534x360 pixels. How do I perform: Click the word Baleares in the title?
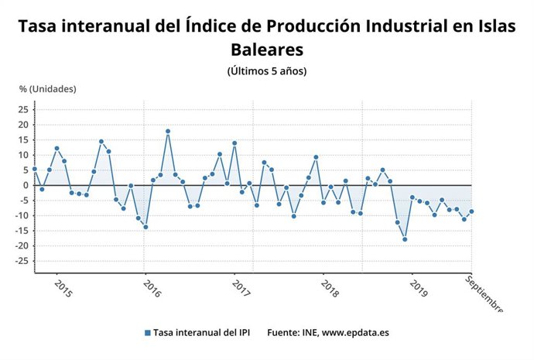coord(266,49)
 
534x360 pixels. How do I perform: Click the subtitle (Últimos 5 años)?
coord(267,71)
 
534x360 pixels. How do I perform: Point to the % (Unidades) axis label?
coord(48,88)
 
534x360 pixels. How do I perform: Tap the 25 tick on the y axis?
coord(22,109)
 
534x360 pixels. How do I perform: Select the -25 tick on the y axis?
coord(21,261)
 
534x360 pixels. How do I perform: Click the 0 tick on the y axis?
coord(25,185)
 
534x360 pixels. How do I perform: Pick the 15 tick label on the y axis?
coord(22,139)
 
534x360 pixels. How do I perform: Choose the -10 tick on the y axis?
coord(21,215)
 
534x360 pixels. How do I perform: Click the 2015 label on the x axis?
coord(63,289)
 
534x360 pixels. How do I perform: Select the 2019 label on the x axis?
coord(419,289)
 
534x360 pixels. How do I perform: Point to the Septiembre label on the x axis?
coord(484,294)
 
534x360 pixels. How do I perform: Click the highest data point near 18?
coord(168,131)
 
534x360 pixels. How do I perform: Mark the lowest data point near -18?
coord(405,239)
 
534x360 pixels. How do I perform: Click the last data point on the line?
coord(471,211)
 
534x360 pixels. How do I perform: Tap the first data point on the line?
coord(34,169)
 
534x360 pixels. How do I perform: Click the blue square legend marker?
coord(147,333)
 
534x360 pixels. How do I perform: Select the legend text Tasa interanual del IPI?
coord(201,333)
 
